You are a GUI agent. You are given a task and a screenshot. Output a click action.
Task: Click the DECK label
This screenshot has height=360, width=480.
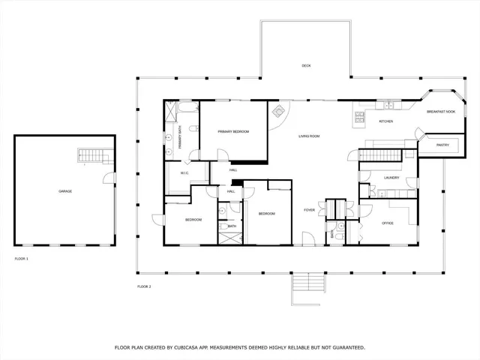306,66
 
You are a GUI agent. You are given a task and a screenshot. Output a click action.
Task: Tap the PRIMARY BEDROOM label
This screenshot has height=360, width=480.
233,132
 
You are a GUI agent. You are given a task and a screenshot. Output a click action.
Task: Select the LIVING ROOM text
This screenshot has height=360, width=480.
309,136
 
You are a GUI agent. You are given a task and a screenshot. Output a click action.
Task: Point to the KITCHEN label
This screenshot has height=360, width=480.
386,121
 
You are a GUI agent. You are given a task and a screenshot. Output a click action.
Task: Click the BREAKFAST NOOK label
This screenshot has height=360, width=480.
440,112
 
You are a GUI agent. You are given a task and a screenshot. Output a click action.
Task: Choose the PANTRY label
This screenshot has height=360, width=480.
442,145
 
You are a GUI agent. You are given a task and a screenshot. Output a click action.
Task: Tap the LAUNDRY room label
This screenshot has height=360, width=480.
391,178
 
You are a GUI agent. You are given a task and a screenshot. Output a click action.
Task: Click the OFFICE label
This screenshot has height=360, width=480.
388,223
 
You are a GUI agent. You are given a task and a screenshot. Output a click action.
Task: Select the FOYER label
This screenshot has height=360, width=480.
309,210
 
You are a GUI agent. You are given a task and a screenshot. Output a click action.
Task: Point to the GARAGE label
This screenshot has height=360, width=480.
65,192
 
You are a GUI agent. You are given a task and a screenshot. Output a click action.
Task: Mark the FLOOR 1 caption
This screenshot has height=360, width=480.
21,259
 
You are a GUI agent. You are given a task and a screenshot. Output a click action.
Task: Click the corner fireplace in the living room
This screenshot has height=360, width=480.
280,112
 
